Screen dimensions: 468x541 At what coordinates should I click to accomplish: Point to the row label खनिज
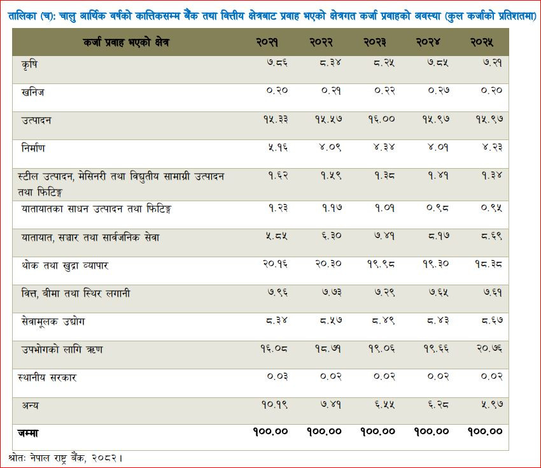pos(32,92)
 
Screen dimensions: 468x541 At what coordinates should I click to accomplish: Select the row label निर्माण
pos(33,148)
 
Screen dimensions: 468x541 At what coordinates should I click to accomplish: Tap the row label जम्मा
pos(28,433)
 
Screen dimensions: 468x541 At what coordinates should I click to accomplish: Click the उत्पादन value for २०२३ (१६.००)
pos(381,120)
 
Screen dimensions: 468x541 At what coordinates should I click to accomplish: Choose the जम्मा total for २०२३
pos(378,432)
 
